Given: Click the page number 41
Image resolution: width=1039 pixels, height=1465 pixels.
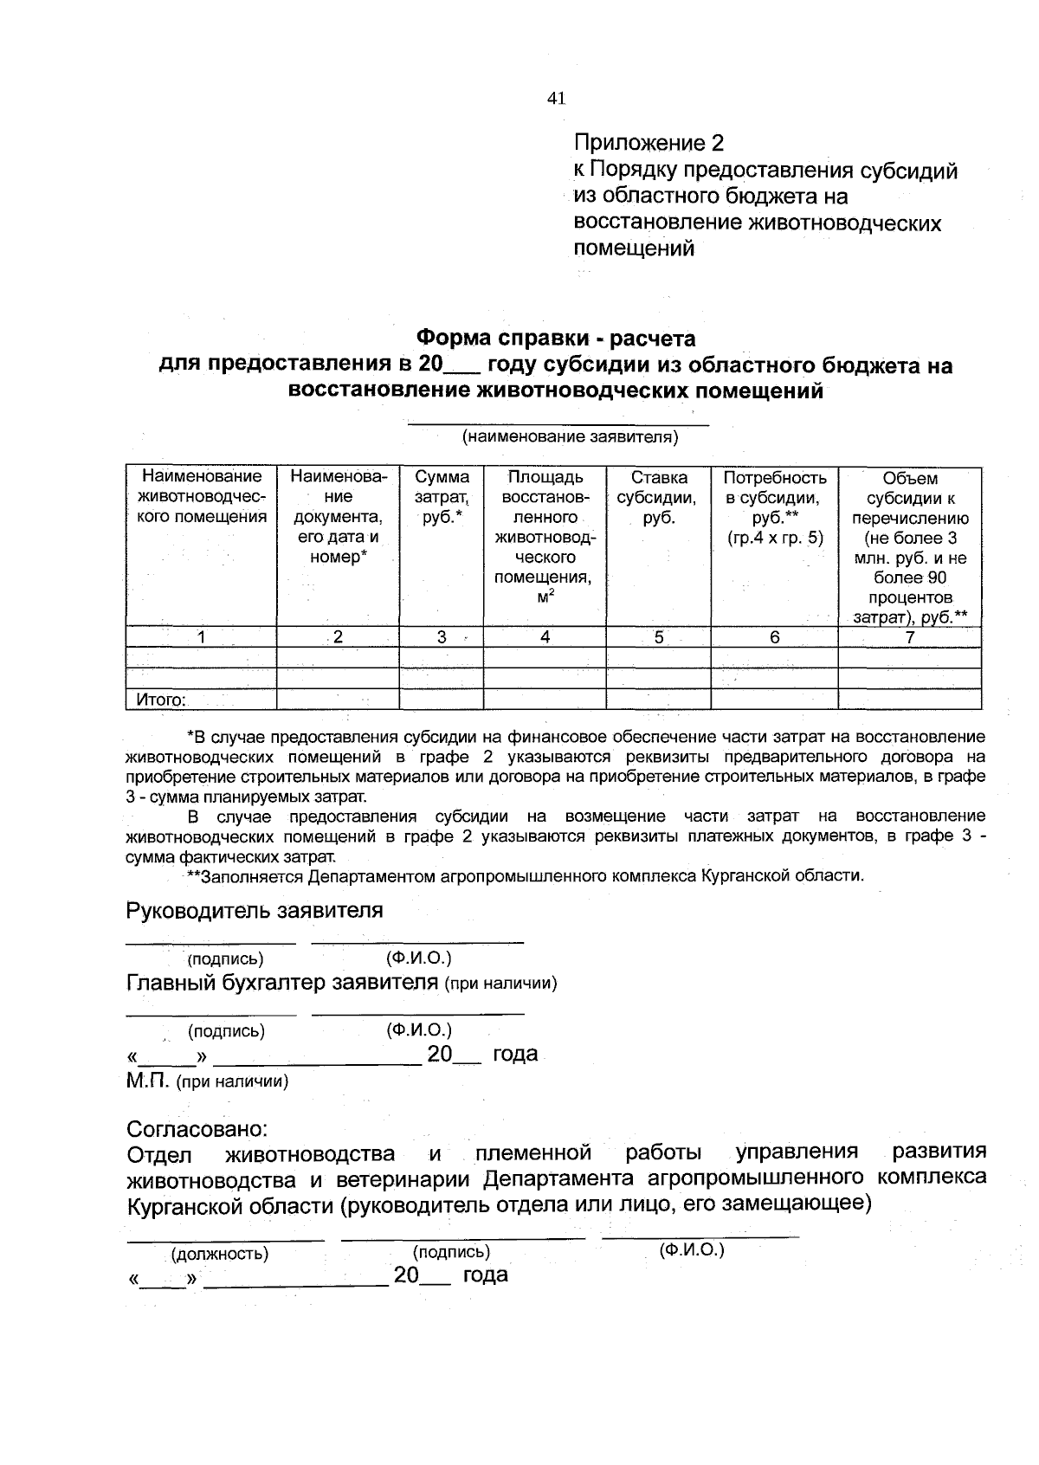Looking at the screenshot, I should pyautogui.click(x=556, y=99).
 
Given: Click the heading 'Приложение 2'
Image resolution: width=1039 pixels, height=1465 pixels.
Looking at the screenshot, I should pyautogui.click(x=649, y=143).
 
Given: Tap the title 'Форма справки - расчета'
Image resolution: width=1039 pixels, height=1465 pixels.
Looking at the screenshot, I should pyautogui.click(x=556, y=337).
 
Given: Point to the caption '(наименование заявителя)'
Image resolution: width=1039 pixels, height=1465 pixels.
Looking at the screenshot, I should pyautogui.click(x=569, y=437).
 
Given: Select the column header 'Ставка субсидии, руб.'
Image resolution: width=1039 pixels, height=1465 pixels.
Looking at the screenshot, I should pyautogui.click(x=658, y=498).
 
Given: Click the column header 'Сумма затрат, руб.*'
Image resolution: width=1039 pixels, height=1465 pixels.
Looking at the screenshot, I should pyautogui.click(x=442, y=498).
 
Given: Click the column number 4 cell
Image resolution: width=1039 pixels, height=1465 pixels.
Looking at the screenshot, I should pyautogui.click(x=545, y=637).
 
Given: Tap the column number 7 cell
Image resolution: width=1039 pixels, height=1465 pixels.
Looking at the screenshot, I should pyautogui.click(x=909, y=637).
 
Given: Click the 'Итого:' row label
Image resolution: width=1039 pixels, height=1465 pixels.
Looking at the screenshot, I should pyautogui.click(x=161, y=700).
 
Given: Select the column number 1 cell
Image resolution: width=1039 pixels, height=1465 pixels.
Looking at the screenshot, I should pyautogui.click(x=201, y=637).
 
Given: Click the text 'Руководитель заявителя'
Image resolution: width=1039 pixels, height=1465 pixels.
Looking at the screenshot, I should pyautogui.click(x=255, y=911).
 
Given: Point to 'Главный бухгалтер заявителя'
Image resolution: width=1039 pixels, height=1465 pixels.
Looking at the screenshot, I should pyautogui.click(x=282, y=983).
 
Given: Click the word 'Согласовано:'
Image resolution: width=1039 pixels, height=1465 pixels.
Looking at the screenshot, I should pyautogui.click(x=197, y=1130).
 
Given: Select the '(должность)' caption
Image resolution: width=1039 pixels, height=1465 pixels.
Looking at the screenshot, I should pyautogui.click(x=220, y=1254).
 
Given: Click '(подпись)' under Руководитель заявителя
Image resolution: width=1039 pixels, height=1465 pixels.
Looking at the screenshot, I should pyautogui.click(x=225, y=958).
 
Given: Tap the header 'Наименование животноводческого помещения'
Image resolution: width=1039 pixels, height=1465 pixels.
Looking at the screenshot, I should pyautogui.click(x=202, y=498).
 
